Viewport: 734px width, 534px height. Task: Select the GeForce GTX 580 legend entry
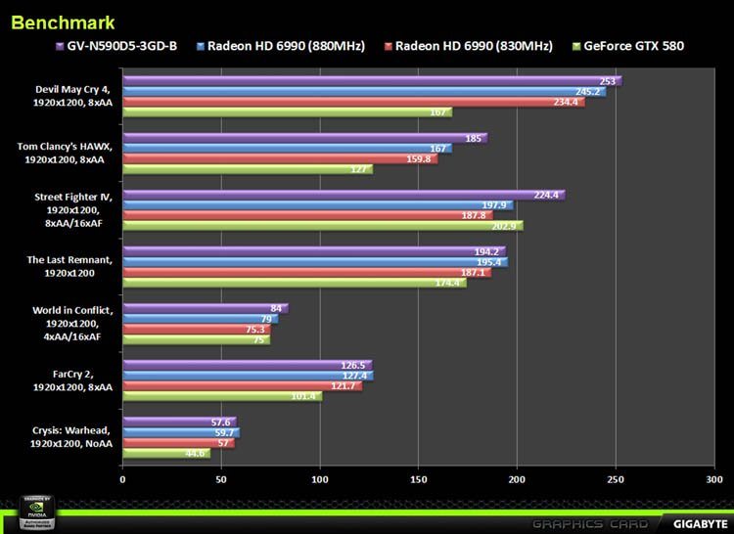tap(633, 46)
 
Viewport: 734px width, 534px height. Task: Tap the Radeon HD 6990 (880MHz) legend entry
tap(277, 46)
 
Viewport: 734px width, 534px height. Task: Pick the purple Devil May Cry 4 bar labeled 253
tap(372, 81)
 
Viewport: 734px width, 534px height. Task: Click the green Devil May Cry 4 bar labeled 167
tap(287, 111)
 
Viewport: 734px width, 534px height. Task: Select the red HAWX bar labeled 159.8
tap(279, 158)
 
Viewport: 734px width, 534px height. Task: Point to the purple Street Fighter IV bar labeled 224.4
tap(343, 195)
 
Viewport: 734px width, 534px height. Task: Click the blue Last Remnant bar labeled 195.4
tap(314, 262)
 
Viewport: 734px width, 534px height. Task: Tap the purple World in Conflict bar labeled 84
tap(205, 309)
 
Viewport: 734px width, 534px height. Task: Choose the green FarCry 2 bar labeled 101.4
tap(221, 396)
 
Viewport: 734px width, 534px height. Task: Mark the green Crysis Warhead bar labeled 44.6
tap(165, 453)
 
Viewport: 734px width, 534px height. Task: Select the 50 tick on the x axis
tap(221, 480)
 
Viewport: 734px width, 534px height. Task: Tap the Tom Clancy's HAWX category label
tap(66, 153)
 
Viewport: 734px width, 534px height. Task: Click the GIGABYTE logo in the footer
tap(696, 522)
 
